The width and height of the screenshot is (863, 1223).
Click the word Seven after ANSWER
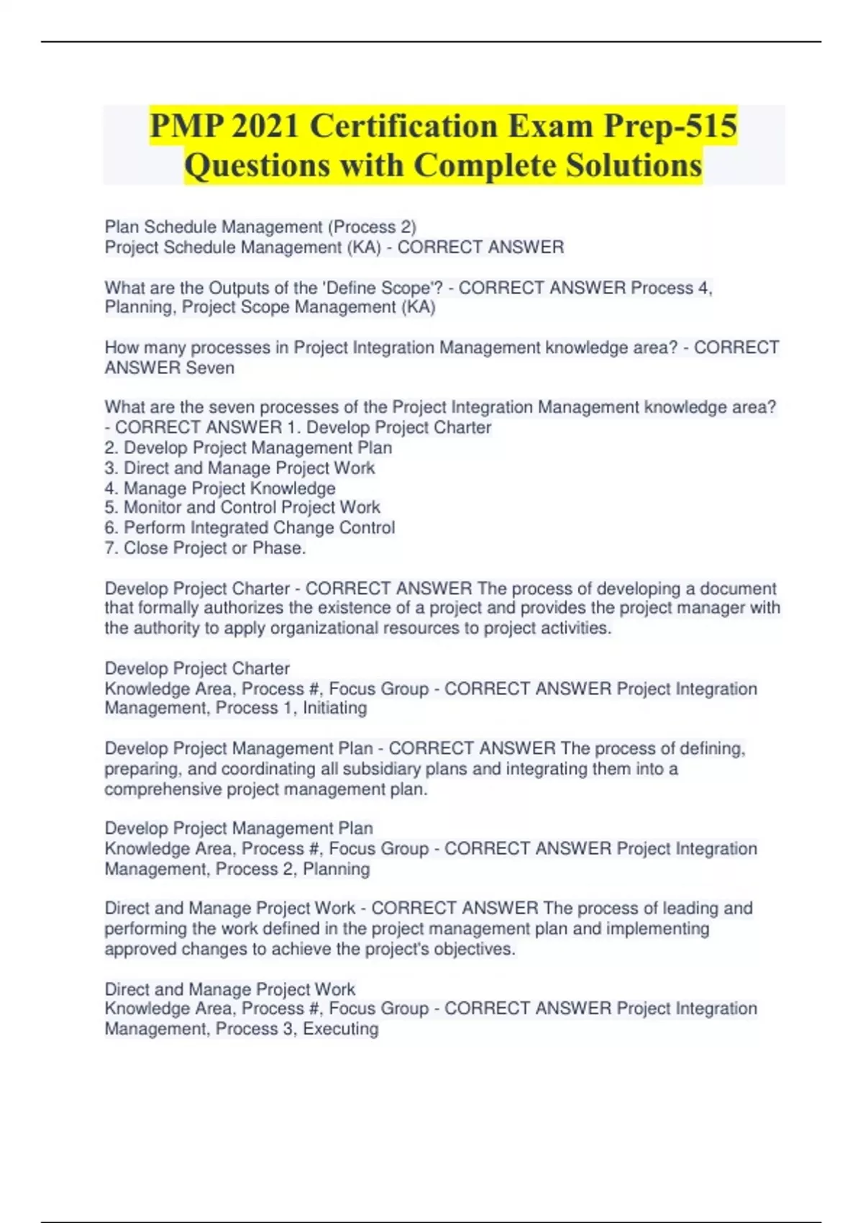point(210,368)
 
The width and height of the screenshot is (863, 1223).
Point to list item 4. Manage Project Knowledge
point(220,488)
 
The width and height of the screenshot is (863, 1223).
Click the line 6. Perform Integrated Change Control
point(250,527)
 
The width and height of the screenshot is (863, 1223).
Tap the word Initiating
point(334,708)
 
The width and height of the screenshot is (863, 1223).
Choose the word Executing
point(340,1029)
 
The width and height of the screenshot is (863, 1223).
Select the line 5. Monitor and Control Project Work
point(242,507)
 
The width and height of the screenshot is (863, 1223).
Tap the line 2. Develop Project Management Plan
point(248,447)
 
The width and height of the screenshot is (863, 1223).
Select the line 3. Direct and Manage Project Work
point(239,468)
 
